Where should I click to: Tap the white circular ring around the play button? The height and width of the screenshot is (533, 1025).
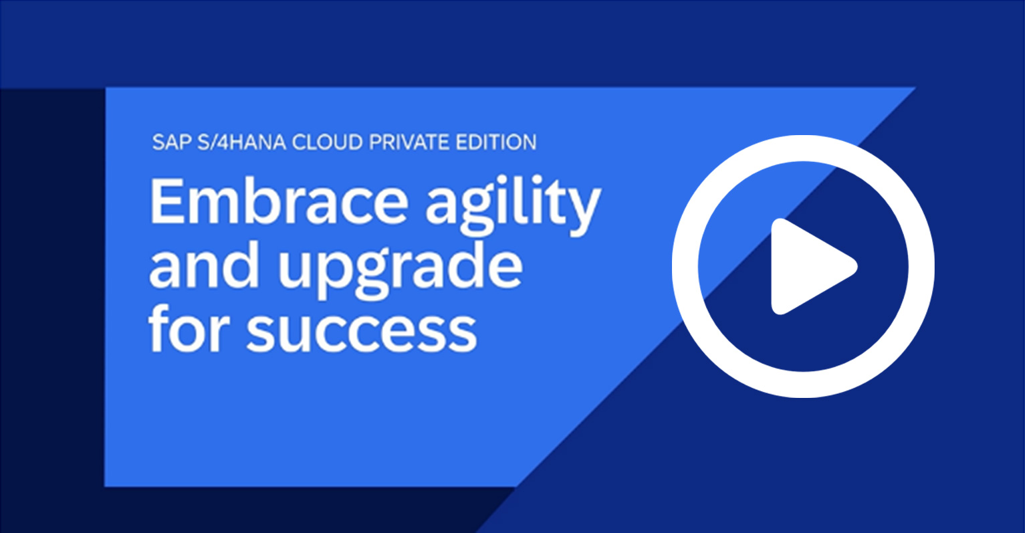(685, 267)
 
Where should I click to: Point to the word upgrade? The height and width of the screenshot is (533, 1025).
(401, 270)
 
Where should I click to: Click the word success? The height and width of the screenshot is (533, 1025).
(362, 330)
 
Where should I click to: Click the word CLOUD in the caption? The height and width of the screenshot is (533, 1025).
(327, 142)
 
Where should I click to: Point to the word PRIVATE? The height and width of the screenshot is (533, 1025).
(409, 142)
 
